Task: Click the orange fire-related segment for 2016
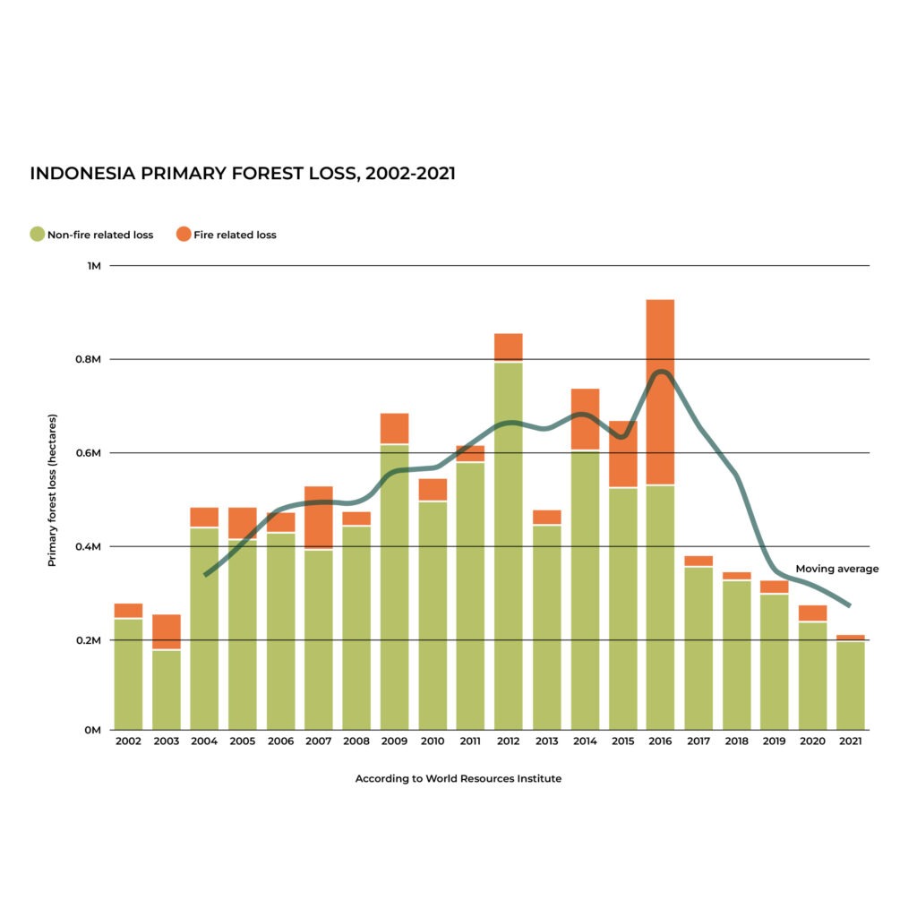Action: point(660,391)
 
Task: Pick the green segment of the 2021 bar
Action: point(851,684)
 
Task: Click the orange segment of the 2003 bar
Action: point(167,631)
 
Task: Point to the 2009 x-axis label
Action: point(394,742)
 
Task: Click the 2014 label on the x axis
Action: point(585,742)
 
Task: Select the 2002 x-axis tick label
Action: point(128,742)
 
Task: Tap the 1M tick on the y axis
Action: point(95,266)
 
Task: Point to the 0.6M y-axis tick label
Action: point(91,453)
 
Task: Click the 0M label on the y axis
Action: point(93,730)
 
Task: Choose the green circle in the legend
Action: point(37,235)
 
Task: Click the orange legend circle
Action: point(184,235)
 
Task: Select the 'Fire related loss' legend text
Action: point(235,236)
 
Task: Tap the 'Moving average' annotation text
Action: point(836,569)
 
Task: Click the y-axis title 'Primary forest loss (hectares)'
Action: point(52,490)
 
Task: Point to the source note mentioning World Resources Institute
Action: point(458,779)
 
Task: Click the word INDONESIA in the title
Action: point(81,174)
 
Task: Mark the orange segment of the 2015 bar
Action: point(622,453)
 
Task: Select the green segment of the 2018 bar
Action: point(737,654)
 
